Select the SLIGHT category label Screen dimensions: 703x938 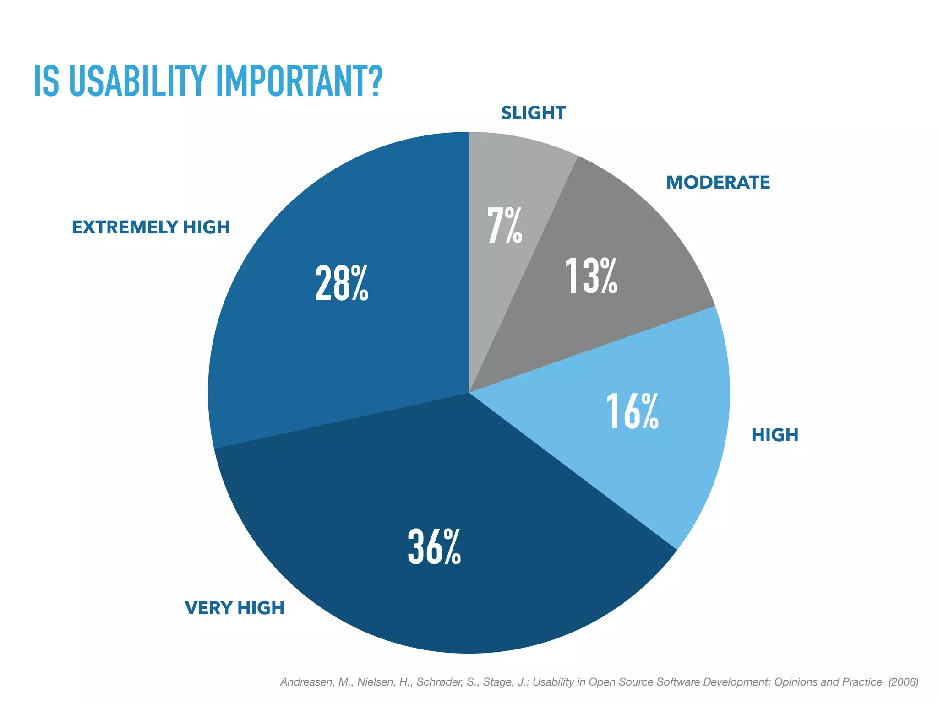(x=533, y=113)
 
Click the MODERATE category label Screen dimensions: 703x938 (x=718, y=183)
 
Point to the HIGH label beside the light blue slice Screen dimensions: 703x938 (x=774, y=435)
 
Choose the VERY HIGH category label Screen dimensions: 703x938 (x=234, y=608)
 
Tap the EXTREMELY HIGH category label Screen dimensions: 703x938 (x=151, y=227)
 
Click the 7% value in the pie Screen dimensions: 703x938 (x=504, y=225)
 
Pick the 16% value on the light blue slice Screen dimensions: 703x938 (x=632, y=412)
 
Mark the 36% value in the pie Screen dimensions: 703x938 (x=434, y=546)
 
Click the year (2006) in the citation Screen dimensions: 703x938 (x=903, y=682)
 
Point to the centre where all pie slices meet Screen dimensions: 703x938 (x=469, y=393)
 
